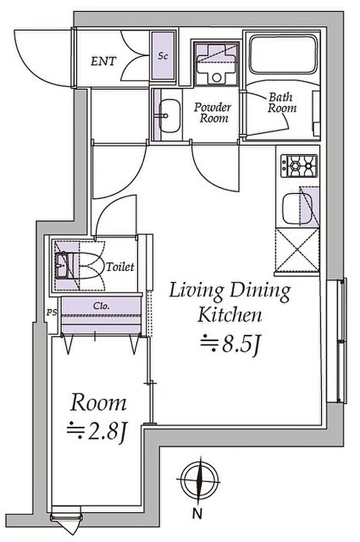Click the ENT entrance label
pyautogui.click(x=103, y=61)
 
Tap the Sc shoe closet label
pyautogui.click(x=163, y=56)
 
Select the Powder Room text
pyautogui.click(x=212, y=112)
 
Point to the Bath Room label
pyautogui.click(x=282, y=103)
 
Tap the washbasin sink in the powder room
pyautogui.click(x=170, y=116)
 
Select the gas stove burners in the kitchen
pyautogui.click(x=299, y=166)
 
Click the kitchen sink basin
pyautogui.click(x=297, y=208)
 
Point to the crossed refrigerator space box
pyautogui.click(x=297, y=249)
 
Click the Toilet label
pyautogui.click(x=120, y=267)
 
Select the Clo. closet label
pyautogui.click(x=101, y=306)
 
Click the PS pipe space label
pyautogui.click(x=52, y=313)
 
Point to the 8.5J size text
pyautogui.click(x=230, y=344)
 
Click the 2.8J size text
pyautogui.click(x=97, y=432)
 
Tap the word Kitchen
pyautogui.click(x=229, y=315)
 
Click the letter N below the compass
pyautogui.click(x=197, y=514)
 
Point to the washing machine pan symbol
pyautogui.click(x=217, y=64)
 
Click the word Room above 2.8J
pyautogui.click(x=98, y=403)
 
